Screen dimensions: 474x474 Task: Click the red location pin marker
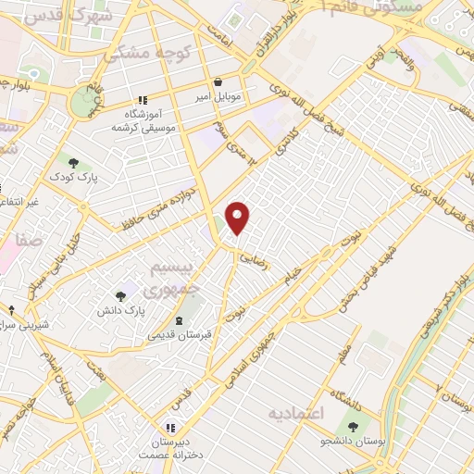239,218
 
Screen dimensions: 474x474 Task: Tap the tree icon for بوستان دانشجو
355,426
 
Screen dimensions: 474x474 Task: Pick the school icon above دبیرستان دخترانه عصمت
171,428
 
